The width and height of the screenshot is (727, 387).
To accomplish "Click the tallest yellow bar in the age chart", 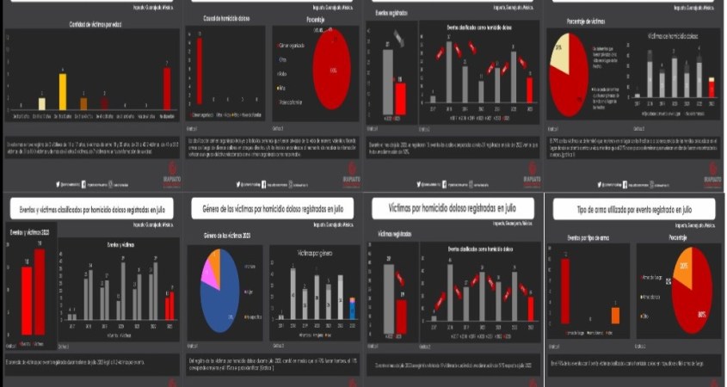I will [62, 92].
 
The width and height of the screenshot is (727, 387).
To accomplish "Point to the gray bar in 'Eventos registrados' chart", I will [387, 77].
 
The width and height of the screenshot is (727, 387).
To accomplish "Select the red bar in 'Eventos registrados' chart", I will [400, 94].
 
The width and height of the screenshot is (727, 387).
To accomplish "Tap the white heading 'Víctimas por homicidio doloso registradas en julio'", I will [452, 209].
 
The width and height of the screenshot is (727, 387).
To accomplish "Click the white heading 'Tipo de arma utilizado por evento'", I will [635, 209].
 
